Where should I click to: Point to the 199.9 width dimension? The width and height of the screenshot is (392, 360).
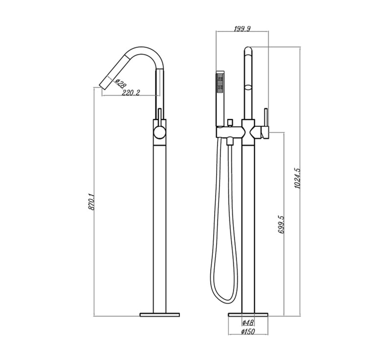242,29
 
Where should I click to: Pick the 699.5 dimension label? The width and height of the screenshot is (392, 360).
281,223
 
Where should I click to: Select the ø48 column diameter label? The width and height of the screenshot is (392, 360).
248,323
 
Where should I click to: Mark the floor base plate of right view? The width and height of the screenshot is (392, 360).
248,313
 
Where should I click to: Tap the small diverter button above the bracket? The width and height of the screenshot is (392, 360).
229,121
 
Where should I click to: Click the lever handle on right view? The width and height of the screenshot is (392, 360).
265,118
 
